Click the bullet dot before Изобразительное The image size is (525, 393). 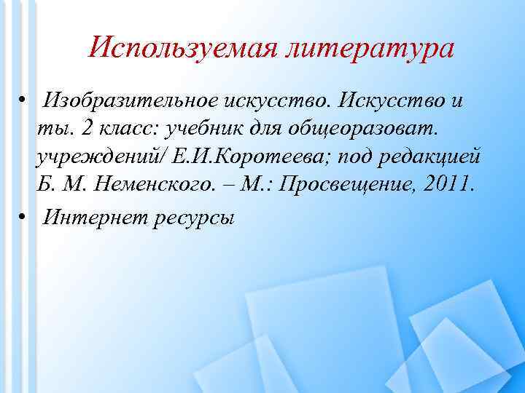tap(23, 100)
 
